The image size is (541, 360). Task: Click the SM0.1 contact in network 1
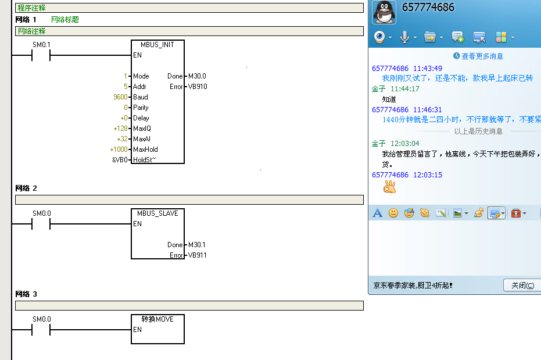pyautogui.click(x=41, y=55)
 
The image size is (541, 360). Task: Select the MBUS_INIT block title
pyautogui.click(x=157, y=45)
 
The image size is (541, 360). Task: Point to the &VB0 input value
pyautogui.click(x=120, y=159)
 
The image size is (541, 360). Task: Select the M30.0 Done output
pyautogui.click(x=197, y=76)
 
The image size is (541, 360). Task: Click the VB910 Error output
pyautogui.click(x=197, y=87)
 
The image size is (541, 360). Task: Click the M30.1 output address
pyautogui.click(x=197, y=245)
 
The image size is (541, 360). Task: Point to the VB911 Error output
pyautogui.click(x=197, y=255)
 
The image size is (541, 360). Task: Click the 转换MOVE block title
pyautogui.click(x=157, y=319)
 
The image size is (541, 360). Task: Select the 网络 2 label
pyautogui.click(x=26, y=188)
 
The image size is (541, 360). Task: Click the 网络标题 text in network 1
pyautogui.click(x=65, y=20)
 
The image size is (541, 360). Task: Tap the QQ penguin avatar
pyautogui.click(x=384, y=12)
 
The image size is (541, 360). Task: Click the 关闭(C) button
pyautogui.click(x=522, y=286)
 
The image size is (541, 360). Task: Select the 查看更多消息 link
pyautogui.click(x=482, y=56)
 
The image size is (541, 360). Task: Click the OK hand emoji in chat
pyautogui.click(x=389, y=187)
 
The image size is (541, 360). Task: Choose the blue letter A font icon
pyautogui.click(x=377, y=213)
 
